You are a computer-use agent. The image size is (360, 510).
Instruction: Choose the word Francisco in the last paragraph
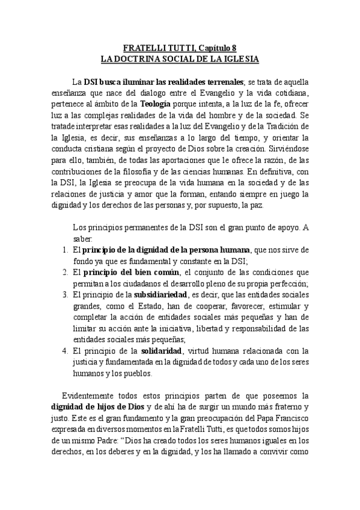pyautogui.click(x=289, y=418)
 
